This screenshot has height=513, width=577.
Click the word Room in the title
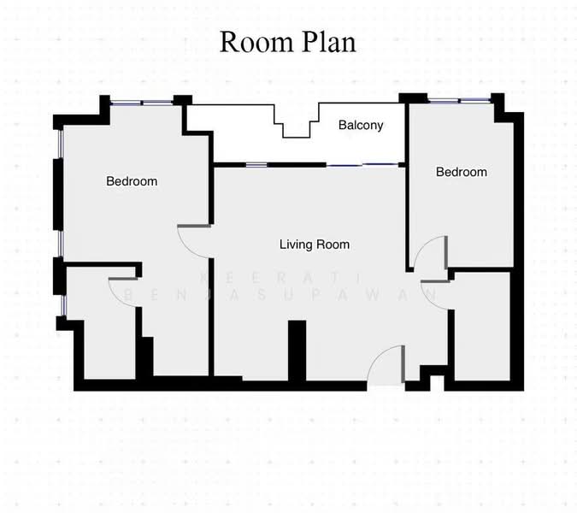tap(256, 42)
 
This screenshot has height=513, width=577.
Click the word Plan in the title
tap(327, 42)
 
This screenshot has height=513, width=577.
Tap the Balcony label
tap(360, 126)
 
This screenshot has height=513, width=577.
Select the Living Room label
tap(315, 245)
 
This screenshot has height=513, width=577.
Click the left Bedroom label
tap(132, 181)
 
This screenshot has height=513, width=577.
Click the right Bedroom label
tap(461, 172)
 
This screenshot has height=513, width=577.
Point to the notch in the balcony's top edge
tap(296, 127)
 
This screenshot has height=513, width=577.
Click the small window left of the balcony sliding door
tap(256, 163)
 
